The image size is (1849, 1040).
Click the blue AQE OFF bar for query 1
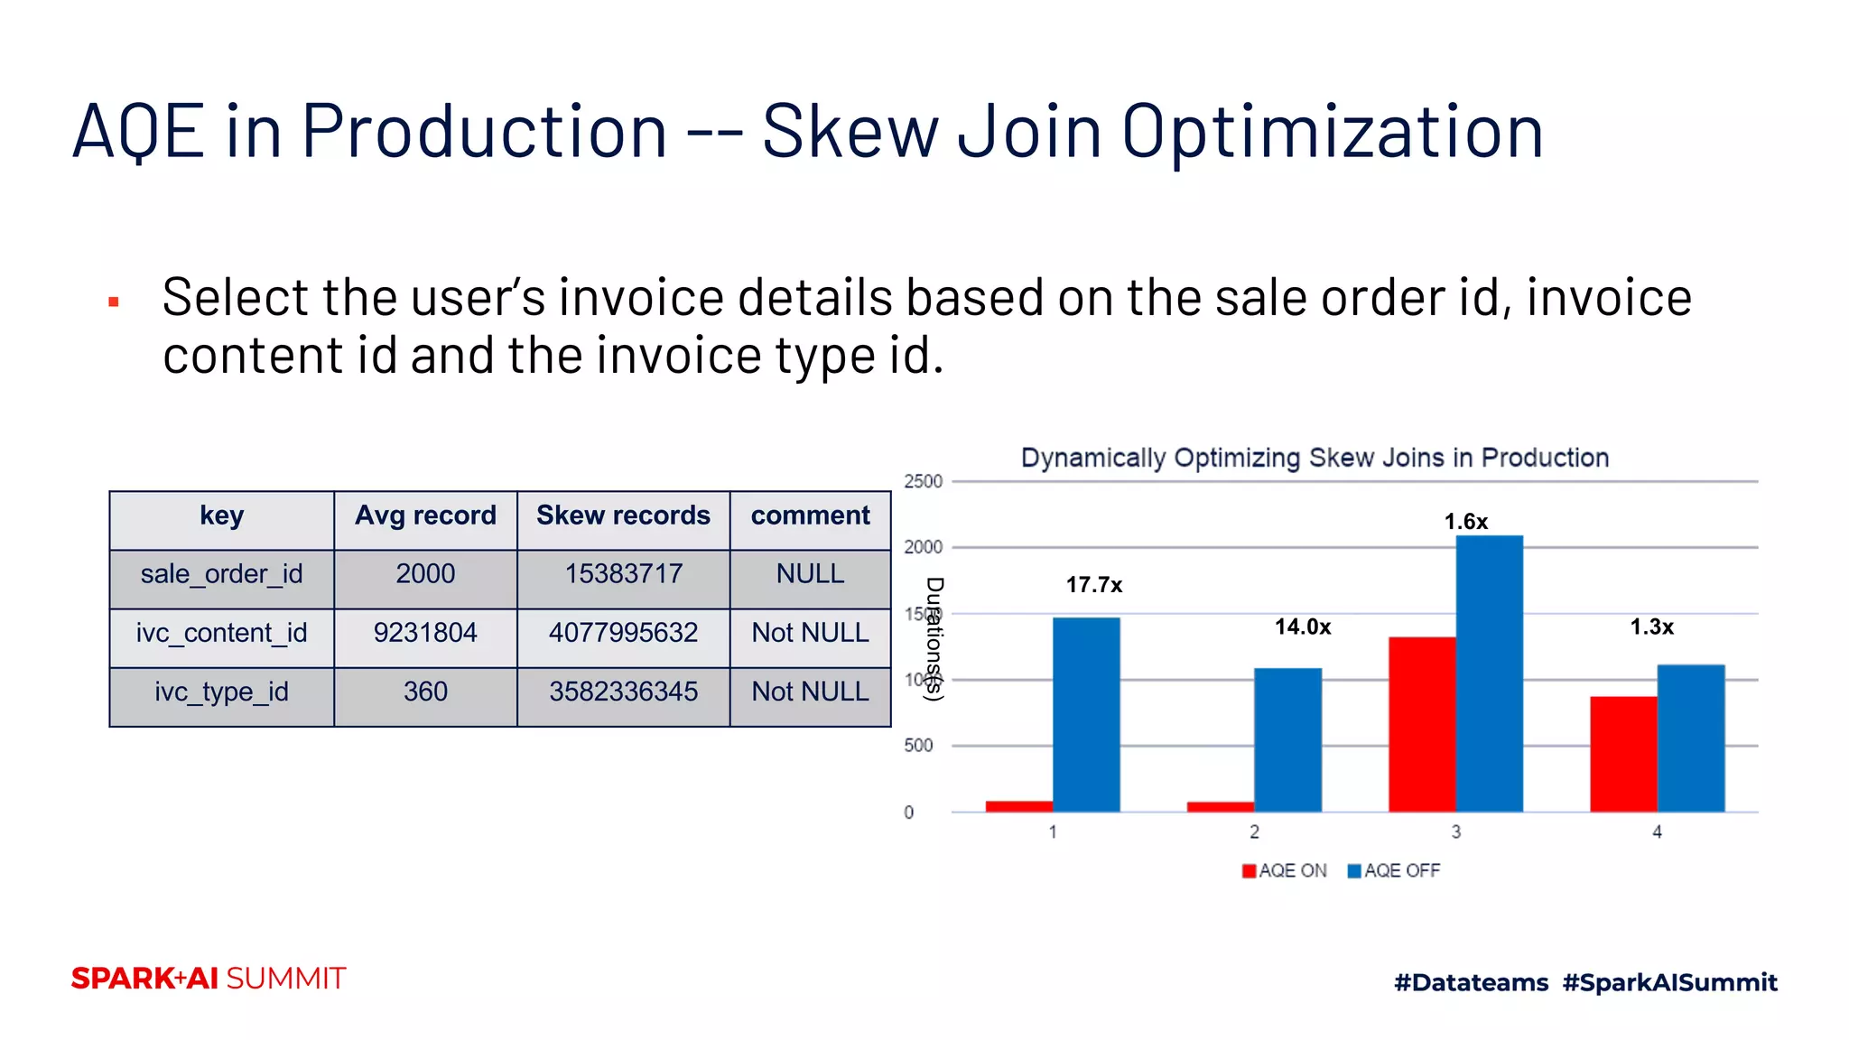pyautogui.click(x=1086, y=714)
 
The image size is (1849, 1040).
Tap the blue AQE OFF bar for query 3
pyautogui.click(x=1489, y=673)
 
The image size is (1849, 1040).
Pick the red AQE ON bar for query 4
pyautogui.click(x=1623, y=754)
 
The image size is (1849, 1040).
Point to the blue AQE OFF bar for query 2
pyautogui.click(x=1287, y=739)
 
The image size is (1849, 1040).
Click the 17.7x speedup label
pyautogui.click(x=1093, y=585)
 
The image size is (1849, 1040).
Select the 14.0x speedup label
pyautogui.click(x=1302, y=627)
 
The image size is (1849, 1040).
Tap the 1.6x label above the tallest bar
pyautogui.click(x=1465, y=522)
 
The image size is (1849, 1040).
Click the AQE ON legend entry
pyautogui.click(x=1284, y=870)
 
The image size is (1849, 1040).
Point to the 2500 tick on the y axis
pyautogui.click(x=923, y=481)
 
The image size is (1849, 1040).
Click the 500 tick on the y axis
pyautogui.click(x=918, y=746)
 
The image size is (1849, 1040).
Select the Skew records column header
pyautogui.click(x=623, y=515)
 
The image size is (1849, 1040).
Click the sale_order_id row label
pyautogui.click(x=221, y=574)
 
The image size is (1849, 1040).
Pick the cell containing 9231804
pyautogui.click(x=425, y=633)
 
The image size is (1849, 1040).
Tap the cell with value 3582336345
pyautogui.click(x=623, y=692)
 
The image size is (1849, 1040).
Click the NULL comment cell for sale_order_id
pyautogui.click(x=810, y=574)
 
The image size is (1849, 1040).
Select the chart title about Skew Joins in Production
pyautogui.click(x=1315, y=458)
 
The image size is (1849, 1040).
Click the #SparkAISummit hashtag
pyautogui.click(x=1669, y=982)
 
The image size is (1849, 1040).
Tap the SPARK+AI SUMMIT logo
pyautogui.click(x=209, y=979)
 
